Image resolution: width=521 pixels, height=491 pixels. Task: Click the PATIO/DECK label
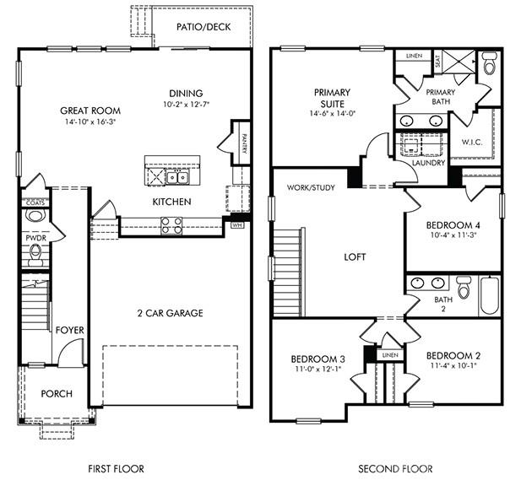tap(198, 27)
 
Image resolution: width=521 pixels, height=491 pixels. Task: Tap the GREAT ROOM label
tap(90, 111)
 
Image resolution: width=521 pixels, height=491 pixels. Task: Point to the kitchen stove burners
tap(171, 224)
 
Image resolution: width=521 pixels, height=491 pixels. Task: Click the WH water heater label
tap(237, 225)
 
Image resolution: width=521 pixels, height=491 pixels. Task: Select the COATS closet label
tap(35, 202)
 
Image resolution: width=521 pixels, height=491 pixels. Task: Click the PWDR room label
tap(35, 239)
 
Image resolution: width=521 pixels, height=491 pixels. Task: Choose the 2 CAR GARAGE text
tap(171, 314)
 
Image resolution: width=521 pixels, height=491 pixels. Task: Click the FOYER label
tap(69, 329)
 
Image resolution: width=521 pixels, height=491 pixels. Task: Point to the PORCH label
tap(57, 394)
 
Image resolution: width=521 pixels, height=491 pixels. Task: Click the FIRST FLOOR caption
tap(117, 468)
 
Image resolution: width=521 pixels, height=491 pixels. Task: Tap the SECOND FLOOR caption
tap(395, 468)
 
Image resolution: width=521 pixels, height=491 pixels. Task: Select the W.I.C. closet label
tap(472, 142)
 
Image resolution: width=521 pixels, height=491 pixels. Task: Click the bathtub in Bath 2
tap(490, 295)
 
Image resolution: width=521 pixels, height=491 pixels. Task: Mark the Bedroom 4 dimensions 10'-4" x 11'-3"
tap(453, 236)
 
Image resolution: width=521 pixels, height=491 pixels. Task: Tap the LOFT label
tap(355, 256)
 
